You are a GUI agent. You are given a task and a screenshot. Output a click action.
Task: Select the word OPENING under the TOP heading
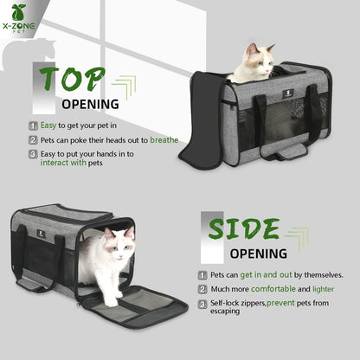tap(90, 105)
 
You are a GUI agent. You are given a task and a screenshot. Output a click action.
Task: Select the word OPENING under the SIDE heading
tap(259, 254)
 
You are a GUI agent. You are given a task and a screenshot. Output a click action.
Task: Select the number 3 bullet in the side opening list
tap(202, 304)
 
